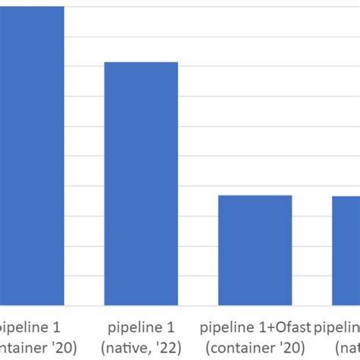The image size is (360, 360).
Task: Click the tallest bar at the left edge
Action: (32, 152)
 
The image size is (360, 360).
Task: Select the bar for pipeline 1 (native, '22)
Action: (141, 182)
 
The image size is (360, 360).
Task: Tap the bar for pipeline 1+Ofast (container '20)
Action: (254, 251)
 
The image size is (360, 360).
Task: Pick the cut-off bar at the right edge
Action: (346, 251)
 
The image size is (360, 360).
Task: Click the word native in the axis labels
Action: (126, 347)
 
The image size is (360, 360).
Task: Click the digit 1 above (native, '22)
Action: (171, 329)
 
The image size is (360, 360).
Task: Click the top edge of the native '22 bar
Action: (141, 62)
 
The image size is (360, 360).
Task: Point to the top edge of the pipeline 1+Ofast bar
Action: (254, 196)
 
